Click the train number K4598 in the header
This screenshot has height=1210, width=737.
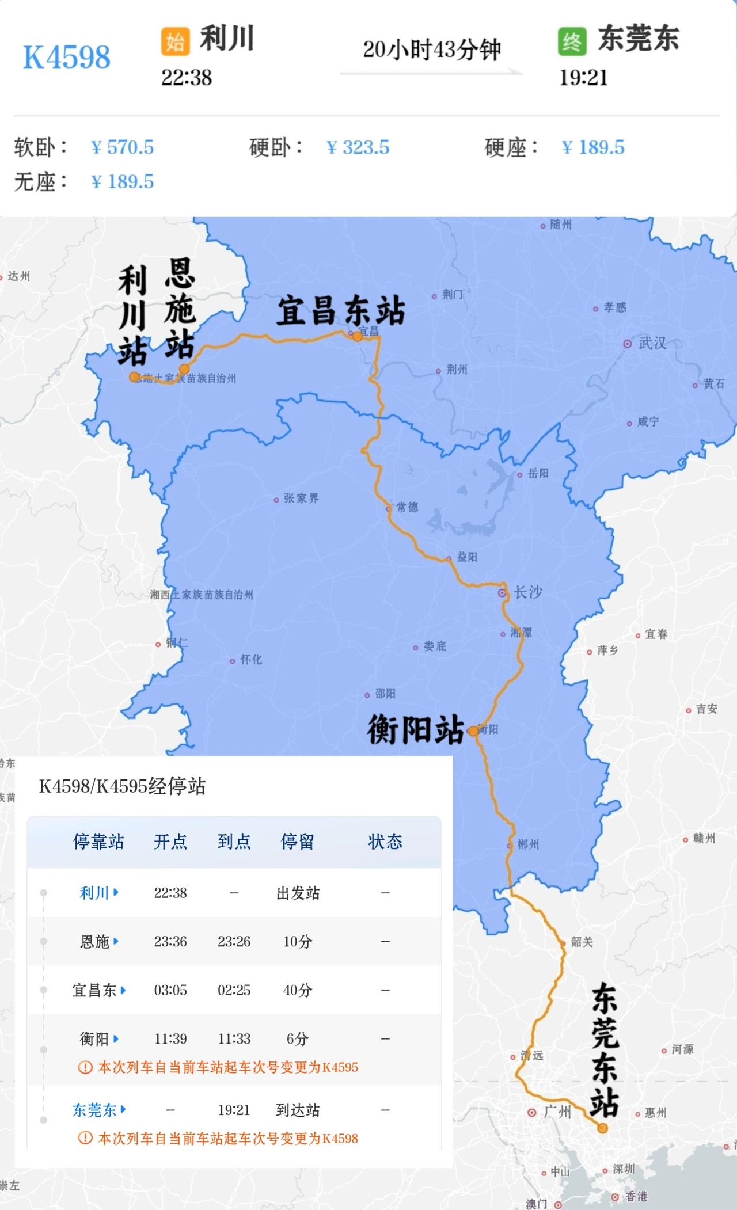coord(67,57)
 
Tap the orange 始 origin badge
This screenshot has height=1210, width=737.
coord(175,41)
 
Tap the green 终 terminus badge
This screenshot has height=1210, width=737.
coord(572,41)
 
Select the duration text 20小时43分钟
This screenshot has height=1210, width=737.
coord(432,50)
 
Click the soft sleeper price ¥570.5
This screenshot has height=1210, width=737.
coord(123,147)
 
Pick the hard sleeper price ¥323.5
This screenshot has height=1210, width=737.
coord(358,147)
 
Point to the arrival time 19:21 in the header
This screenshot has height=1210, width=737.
coord(583,78)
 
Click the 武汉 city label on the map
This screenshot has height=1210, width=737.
coord(652,343)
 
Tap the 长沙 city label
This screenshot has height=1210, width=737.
coord(527,592)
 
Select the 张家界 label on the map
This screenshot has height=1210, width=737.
coord(301,498)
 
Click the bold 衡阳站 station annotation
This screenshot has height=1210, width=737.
coord(416,729)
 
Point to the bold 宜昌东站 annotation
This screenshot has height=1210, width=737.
coord(341,311)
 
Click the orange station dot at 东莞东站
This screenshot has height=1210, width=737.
coord(602,1128)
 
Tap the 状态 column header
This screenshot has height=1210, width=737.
coord(385,842)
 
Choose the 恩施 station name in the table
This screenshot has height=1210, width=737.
coord(94,942)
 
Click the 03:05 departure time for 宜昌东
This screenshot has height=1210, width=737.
coord(170,990)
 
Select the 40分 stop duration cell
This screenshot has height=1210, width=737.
coord(298,990)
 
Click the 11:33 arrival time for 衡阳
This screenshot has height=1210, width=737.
coord(234,1038)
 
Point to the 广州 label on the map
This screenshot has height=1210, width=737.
coord(557,1112)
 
